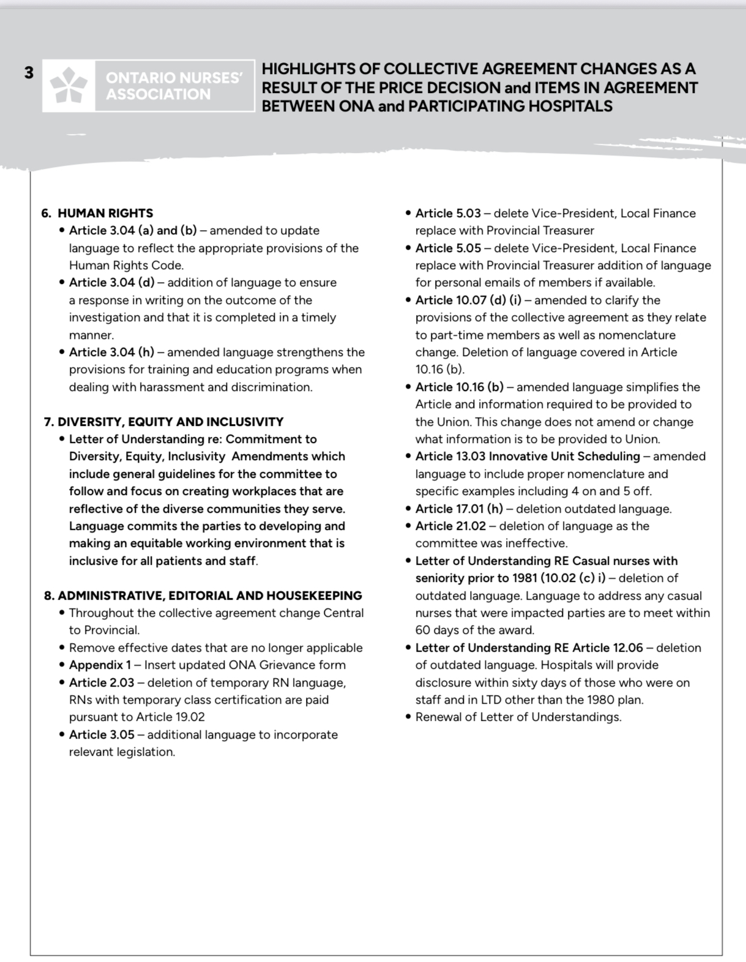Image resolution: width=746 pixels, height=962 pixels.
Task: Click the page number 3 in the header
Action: pyautogui.click(x=29, y=73)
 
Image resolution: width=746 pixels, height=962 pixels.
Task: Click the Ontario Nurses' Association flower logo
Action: pyautogui.click(x=69, y=86)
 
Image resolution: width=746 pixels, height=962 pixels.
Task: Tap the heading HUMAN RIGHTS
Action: pyautogui.click(x=105, y=213)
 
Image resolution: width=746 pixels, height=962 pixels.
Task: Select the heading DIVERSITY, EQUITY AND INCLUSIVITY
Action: pyautogui.click(x=171, y=422)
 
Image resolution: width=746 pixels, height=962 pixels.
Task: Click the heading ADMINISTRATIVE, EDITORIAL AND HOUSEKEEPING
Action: pyautogui.click(x=210, y=595)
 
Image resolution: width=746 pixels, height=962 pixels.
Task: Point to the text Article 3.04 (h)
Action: pyautogui.click(x=111, y=352)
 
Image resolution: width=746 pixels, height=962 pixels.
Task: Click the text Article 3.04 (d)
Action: pyautogui.click(x=111, y=282)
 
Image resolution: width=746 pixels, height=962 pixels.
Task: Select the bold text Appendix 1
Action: pyautogui.click(x=100, y=665)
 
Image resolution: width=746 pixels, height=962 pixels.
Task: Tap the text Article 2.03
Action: pyautogui.click(x=102, y=682)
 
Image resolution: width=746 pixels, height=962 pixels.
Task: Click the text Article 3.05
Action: pyautogui.click(x=102, y=734)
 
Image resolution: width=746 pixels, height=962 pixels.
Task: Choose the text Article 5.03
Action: pyautogui.click(x=448, y=213)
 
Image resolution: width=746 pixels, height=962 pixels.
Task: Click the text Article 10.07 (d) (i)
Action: pyautogui.click(x=468, y=300)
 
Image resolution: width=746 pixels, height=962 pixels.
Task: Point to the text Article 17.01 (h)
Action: pyautogui.click(x=459, y=509)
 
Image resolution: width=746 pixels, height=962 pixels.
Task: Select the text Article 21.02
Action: pyautogui.click(x=450, y=526)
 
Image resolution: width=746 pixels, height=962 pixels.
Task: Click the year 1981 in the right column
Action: pyautogui.click(x=523, y=578)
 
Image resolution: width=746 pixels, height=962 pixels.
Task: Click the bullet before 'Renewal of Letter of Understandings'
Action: pyautogui.click(x=408, y=717)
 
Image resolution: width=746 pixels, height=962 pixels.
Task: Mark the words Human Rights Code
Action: pyautogui.click(x=125, y=265)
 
